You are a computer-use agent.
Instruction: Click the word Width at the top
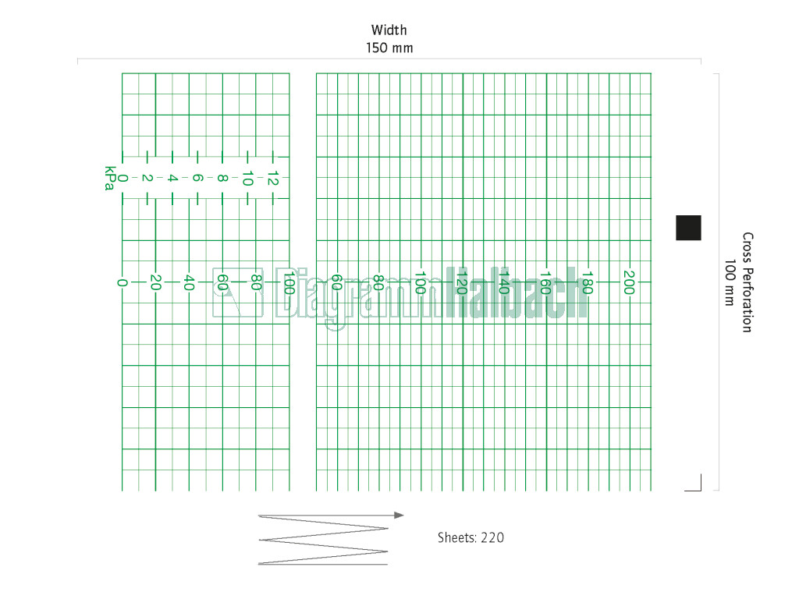pos(389,30)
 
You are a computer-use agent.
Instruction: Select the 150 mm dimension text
pos(389,48)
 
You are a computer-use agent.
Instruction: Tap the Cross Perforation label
pos(747,282)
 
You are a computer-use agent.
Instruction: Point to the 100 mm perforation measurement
pos(730,282)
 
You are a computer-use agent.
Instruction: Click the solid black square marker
pos(688,228)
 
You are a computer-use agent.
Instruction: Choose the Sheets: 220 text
pos(471,538)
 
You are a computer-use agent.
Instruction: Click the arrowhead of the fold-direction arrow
pos(399,515)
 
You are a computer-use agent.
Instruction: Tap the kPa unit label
pos(109,179)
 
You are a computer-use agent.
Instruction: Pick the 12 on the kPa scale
pos(273,179)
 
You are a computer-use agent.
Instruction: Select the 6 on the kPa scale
pos(197,179)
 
